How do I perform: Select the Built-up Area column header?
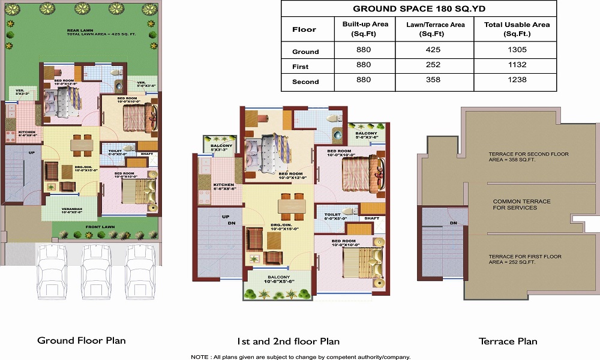click(365, 29)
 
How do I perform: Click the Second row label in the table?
click(305, 81)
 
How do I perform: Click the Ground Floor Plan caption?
click(82, 340)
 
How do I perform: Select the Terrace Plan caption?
click(508, 341)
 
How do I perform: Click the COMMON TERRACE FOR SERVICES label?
click(514, 205)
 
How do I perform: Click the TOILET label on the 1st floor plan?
click(332, 214)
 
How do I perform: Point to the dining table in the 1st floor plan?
click(292, 206)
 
